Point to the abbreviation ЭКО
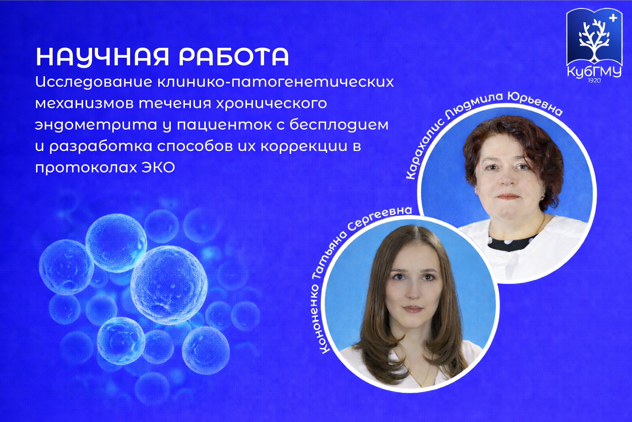158,167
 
